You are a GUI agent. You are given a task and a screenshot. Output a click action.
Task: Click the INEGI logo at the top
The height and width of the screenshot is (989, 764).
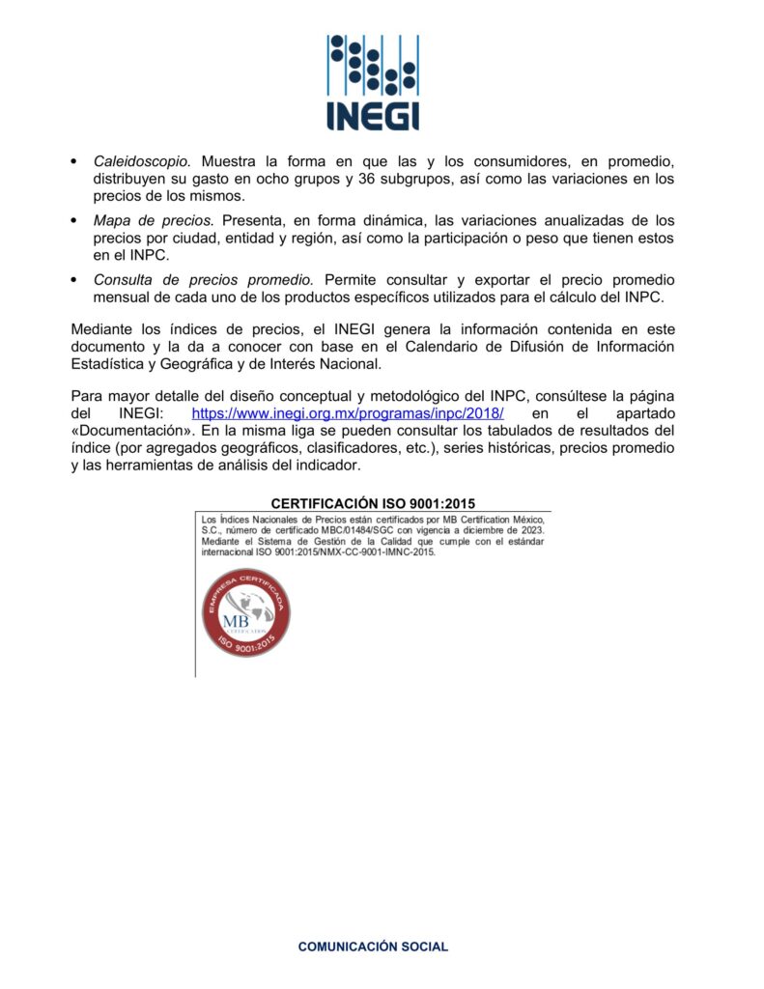372,82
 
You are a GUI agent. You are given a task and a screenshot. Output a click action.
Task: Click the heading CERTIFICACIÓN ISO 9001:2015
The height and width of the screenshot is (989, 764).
373,503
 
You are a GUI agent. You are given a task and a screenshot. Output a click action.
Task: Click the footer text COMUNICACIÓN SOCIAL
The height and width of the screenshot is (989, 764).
373,947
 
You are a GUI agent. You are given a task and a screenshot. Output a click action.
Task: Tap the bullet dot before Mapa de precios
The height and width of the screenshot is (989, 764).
75,221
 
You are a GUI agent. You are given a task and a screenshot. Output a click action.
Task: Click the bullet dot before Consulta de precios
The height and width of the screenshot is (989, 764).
75,280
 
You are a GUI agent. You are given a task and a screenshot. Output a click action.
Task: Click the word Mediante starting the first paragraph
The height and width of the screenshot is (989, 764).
104,329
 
